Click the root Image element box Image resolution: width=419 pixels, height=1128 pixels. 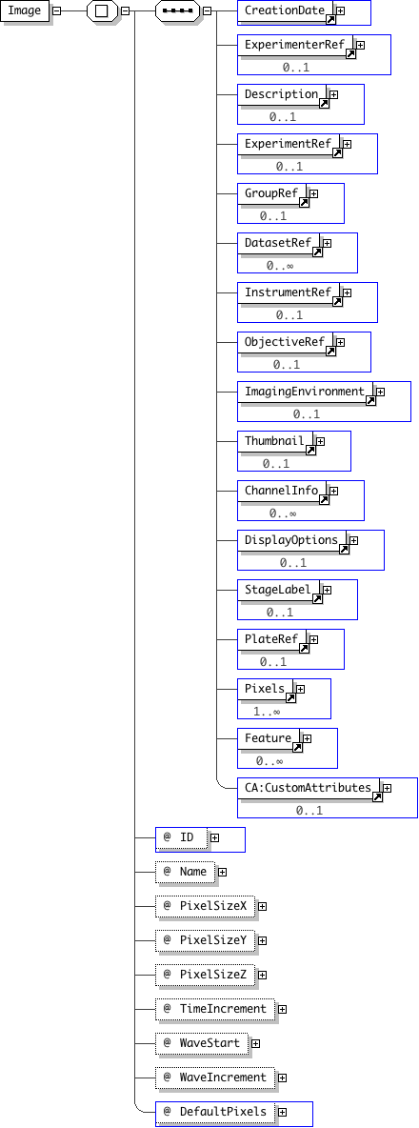[x=25, y=10]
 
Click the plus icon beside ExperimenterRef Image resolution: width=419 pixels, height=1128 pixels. [x=360, y=45]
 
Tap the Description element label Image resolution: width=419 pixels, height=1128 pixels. [x=281, y=94]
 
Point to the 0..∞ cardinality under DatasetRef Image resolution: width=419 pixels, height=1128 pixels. [x=280, y=266]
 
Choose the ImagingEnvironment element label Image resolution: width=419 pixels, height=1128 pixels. [x=305, y=392]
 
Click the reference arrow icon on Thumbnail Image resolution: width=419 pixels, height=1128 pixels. [x=311, y=450]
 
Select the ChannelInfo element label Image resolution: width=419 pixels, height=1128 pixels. [x=281, y=491]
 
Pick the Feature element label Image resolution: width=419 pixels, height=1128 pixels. [x=269, y=738]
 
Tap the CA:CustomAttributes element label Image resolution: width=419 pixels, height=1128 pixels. [x=308, y=788]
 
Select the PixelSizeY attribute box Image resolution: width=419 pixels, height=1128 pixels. [x=205, y=940]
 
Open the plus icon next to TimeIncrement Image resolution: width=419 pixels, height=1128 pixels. [x=283, y=1009]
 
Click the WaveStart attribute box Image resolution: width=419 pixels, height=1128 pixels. [x=202, y=1043]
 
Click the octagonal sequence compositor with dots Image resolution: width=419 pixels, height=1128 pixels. [x=177, y=10]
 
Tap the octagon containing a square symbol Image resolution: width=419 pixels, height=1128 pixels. [x=101, y=10]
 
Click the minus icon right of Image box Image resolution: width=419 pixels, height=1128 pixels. [x=56, y=10]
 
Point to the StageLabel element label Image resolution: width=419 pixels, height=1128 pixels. [x=277, y=590]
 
